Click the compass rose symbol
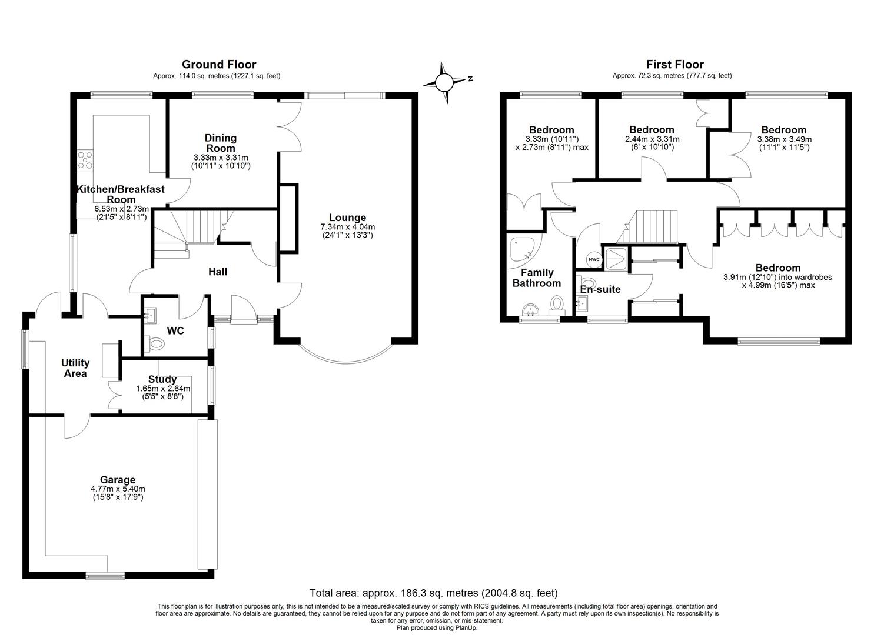443,82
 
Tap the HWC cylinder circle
594,260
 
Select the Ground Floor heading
219,64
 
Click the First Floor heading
675,64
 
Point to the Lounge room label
347,218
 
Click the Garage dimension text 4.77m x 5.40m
118,489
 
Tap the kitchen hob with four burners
85,160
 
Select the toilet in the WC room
155,343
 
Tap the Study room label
162,379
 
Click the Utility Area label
75,368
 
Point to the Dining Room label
221,143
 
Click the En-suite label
600,289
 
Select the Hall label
218,272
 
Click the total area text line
434,593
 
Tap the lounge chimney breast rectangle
288,218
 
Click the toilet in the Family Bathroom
557,305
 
